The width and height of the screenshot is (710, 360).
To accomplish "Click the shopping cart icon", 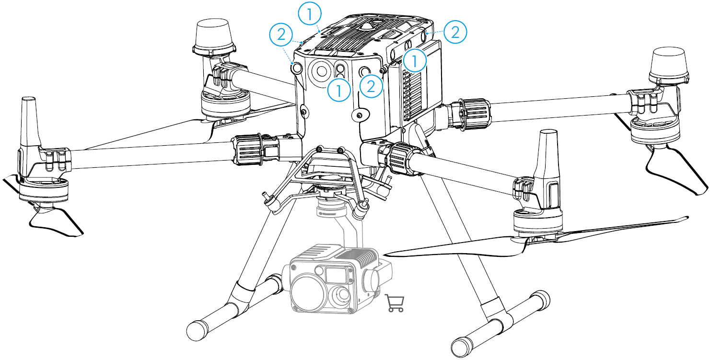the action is click(x=395, y=303).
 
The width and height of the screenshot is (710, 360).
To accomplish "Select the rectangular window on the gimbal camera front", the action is click(x=336, y=275).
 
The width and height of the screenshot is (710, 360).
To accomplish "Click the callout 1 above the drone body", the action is click(x=310, y=13).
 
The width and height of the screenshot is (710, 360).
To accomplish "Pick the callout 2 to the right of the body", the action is click(x=455, y=32).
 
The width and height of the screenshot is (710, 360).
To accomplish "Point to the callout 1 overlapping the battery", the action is click(x=415, y=60).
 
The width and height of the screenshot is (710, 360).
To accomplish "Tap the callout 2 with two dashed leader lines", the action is click(x=281, y=35).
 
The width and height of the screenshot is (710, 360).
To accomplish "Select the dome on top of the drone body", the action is click(x=368, y=26).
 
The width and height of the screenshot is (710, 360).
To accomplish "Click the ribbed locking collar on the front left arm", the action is click(x=247, y=149).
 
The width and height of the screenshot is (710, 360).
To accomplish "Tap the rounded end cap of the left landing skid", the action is click(x=196, y=330).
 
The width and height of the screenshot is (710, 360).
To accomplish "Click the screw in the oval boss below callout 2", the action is click(x=359, y=116).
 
